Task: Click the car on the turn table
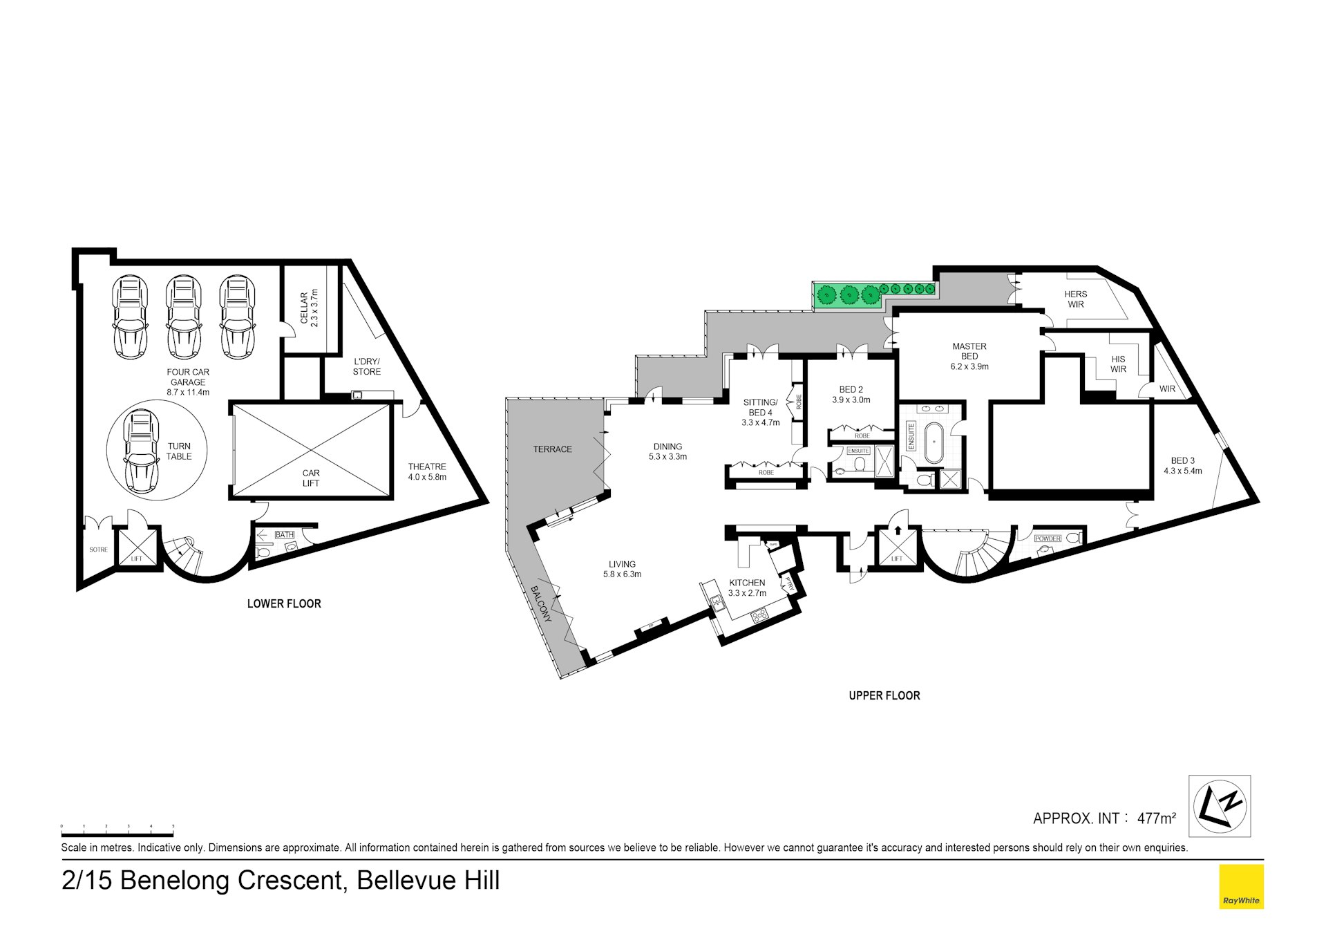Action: pyautogui.click(x=140, y=451)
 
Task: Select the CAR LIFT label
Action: pyautogui.click(x=311, y=478)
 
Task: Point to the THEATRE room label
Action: pyautogui.click(x=427, y=471)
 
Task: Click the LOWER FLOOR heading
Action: pyautogui.click(x=284, y=603)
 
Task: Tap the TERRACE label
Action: pyautogui.click(x=552, y=449)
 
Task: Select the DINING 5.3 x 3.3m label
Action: pyautogui.click(x=667, y=451)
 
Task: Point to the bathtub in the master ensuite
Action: pyautogui.click(x=933, y=442)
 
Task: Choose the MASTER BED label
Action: pyautogui.click(x=969, y=356)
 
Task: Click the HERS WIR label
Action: pyautogui.click(x=1075, y=299)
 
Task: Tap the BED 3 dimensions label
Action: pyautogui.click(x=1182, y=471)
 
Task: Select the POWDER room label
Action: pyautogui.click(x=1048, y=538)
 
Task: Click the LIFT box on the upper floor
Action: pyautogui.click(x=897, y=547)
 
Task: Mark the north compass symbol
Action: pyautogui.click(x=1219, y=806)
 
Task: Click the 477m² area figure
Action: pyautogui.click(x=1156, y=818)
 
